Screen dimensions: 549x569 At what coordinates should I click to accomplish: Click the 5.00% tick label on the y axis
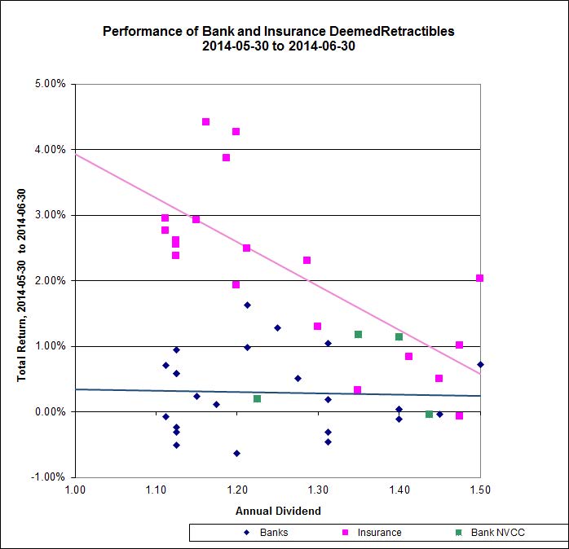click(x=51, y=84)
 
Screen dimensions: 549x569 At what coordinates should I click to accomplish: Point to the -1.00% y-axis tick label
click(x=50, y=477)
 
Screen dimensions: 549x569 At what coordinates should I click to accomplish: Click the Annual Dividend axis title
click(x=278, y=511)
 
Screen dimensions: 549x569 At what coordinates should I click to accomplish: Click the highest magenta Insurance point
click(x=205, y=121)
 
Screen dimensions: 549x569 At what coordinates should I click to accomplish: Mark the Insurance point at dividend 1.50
click(x=480, y=278)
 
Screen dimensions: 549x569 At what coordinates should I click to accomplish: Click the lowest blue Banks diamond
click(x=236, y=453)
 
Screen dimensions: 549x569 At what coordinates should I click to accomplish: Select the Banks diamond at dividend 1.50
click(x=480, y=364)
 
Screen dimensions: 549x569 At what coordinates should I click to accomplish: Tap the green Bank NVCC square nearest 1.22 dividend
click(x=257, y=398)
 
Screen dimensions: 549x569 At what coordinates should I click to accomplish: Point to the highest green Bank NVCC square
click(x=358, y=334)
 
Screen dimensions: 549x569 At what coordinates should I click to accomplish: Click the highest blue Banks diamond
click(x=247, y=305)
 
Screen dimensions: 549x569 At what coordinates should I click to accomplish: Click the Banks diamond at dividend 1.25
click(x=277, y=327)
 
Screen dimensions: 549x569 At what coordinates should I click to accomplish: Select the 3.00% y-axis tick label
click(x=51, y=215)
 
